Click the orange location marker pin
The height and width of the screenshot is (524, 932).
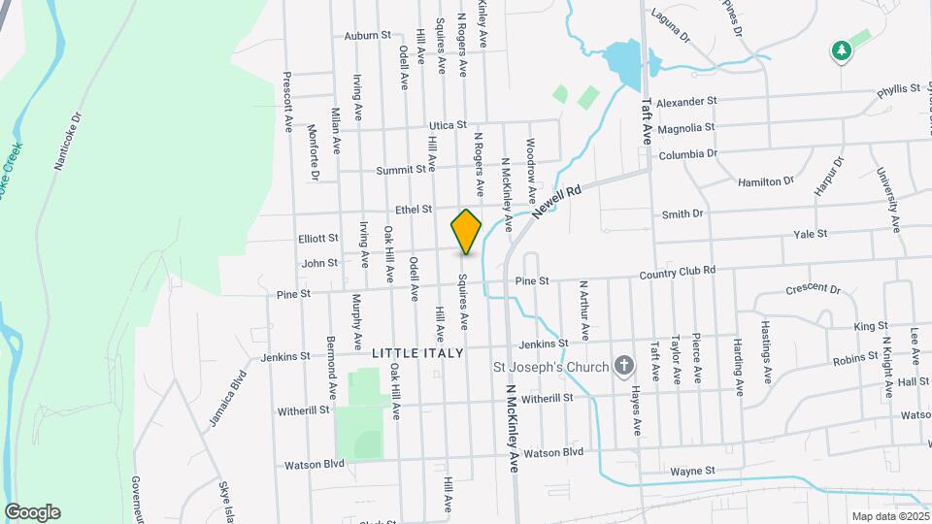(x=466, y=232)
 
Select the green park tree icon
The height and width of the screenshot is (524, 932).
(x=841, y=49)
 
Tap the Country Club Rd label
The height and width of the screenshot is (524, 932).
(x=677, y=273)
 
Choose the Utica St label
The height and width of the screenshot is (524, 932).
(x=449, y=125)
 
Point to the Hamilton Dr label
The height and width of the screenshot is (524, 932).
(x=766, y=181)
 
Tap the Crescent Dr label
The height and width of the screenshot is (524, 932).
(x=813, y=289)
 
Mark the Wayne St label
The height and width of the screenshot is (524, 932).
(x=692, y=472)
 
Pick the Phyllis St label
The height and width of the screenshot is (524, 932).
(x=897, y=89)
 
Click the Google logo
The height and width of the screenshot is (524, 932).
(x=32, y=511)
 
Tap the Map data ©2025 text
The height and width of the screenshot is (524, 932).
(x=888, y=516)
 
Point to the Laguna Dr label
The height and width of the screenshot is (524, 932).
(x=670, y=26)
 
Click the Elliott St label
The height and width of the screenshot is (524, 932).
(x=318, y=238)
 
